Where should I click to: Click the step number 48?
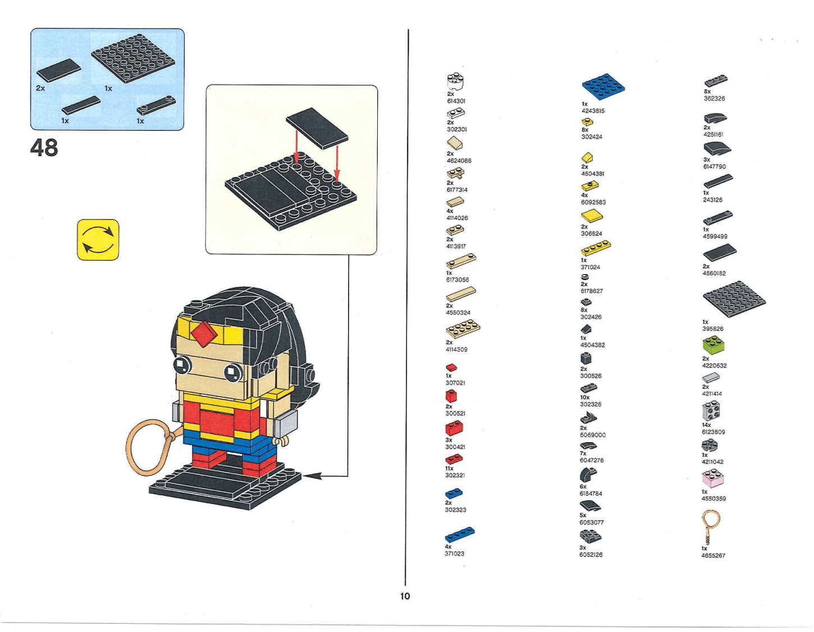[x=44, y=148]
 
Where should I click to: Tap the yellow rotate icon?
[x=98, y=240]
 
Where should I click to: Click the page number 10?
[x=405, y=596]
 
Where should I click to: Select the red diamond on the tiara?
[x=204, y=334]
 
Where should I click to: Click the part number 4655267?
[x=713, y=556]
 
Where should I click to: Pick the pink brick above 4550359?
[x=713, y=479]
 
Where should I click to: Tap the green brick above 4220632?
[x=713, y=345]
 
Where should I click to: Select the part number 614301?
[x=456, y=101]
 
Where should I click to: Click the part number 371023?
[x=454, y=553]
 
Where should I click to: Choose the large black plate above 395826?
[x=733, y=299]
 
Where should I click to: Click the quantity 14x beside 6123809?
[x=706, y=425]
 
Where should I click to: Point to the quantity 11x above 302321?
[x=449, y=468]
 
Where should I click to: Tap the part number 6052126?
[x=591, y=554]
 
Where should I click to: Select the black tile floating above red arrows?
[x=317, y=128]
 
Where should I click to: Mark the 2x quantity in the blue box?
[x=40, y=88]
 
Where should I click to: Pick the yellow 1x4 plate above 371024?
[x=596, y=248]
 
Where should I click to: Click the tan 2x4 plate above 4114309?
[x=463, y=329]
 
